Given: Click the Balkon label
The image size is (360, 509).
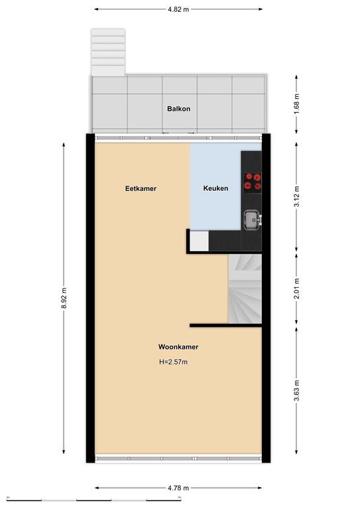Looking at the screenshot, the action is point(178,109).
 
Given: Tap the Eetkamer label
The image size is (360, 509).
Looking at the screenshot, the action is point(141,189).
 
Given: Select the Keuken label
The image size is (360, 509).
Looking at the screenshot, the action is point(215,188).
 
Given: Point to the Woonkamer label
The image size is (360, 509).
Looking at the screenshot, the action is point(178,347).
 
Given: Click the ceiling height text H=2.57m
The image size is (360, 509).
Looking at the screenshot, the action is point(173,362).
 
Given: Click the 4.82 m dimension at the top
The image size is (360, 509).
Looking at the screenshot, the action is point(178,9).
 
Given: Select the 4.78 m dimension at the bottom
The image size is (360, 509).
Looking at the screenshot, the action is point(178,488).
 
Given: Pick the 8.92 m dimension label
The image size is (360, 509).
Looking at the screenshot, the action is point(64,298).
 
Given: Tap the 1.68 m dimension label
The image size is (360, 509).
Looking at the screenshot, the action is point(296,104).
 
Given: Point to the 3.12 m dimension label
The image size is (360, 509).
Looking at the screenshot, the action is point(296,196).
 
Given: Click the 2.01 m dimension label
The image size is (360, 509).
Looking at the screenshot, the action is point(296,288).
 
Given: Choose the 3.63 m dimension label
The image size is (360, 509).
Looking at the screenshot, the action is point(296,390).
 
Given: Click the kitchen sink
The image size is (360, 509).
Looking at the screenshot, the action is point(253,220).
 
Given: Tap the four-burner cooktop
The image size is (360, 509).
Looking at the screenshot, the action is point(253,182).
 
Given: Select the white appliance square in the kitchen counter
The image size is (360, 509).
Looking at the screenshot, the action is point(199,241).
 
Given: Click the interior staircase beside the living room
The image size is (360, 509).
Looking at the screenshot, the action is point(245,288).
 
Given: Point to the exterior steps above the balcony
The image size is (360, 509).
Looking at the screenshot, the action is point(108,52).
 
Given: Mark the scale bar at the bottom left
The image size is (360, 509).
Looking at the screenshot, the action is point(94,500).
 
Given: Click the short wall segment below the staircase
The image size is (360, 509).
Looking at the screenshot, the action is point(225,325).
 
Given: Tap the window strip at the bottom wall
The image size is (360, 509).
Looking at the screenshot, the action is point(178,459).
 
